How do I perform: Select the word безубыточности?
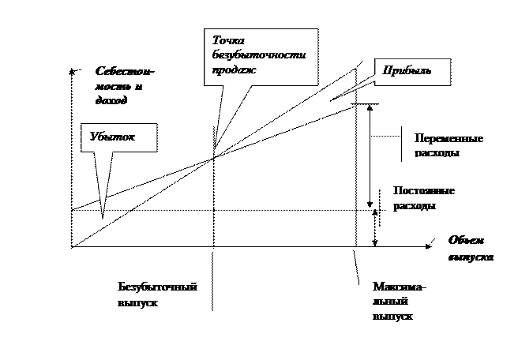point(258,54)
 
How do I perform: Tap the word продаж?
point(235,69)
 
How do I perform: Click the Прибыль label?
point(407,70)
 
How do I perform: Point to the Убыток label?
point(113,137)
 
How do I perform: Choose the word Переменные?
point(449,137)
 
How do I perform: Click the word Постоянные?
point(424,191)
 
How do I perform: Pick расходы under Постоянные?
point(415,206)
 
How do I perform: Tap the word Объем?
point(465,242)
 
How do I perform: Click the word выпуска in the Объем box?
point(471,257)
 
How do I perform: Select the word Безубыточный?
point(157,286)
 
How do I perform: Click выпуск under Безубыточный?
point(137,302)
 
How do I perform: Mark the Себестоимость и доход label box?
point(126,85)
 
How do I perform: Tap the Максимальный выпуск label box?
point(403,302)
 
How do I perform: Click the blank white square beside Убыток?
point(196,131)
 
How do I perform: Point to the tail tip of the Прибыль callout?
point(338,97)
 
